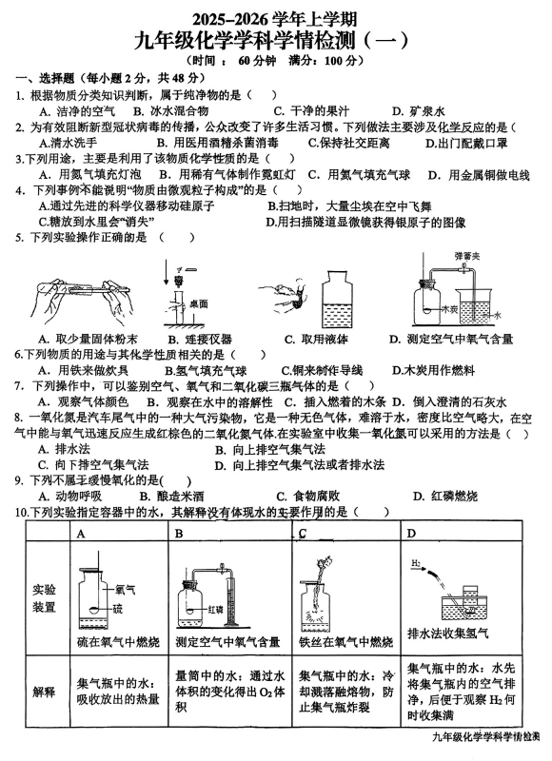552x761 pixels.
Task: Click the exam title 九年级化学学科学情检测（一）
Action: [272, 41]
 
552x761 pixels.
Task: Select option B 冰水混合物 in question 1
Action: [171, 111]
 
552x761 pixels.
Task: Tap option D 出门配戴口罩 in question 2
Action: [466, 143]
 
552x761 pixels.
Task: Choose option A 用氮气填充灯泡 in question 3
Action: [90, 175]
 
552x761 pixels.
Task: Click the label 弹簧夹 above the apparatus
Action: [467, 256]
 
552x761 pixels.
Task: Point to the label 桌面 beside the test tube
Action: [199, 303]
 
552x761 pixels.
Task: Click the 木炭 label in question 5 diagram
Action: [449, 309]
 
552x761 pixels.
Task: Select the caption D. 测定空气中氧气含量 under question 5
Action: [451, 340]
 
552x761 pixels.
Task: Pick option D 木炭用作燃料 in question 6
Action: [433, 371]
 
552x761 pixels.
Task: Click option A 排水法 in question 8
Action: [64, 449]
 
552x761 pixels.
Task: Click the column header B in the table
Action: [179, 534]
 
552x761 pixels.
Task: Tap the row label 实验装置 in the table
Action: [44, 598]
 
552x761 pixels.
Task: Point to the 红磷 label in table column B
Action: [215, 610]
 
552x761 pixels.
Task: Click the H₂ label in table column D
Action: [416, 563]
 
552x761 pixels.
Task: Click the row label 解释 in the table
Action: [44, 693]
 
